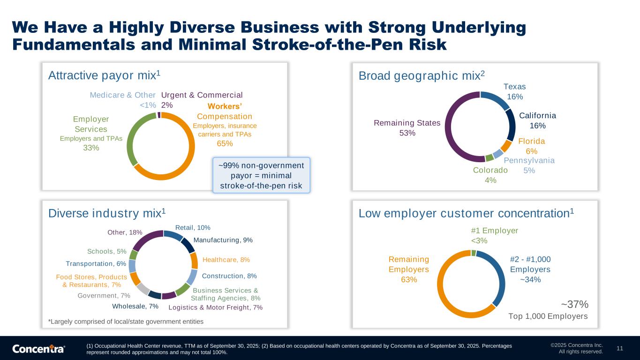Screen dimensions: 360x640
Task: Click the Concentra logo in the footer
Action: (38, 349)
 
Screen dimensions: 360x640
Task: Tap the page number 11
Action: (619, 348)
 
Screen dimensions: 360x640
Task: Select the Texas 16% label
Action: (514, 91)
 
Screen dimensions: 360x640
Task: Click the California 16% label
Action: (537, 120)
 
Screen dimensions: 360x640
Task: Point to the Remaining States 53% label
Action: (407, 128)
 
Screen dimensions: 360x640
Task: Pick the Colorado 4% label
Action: (490, 175)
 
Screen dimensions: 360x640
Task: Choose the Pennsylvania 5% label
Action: (530, 165)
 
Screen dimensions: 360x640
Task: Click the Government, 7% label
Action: (104, 296)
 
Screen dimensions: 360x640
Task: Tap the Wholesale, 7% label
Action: (135, 307)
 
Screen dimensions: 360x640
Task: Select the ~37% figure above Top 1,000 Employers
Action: (574, 304)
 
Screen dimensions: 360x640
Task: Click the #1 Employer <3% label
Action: (494, 235)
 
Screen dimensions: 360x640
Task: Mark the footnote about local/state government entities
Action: (126, 322)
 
